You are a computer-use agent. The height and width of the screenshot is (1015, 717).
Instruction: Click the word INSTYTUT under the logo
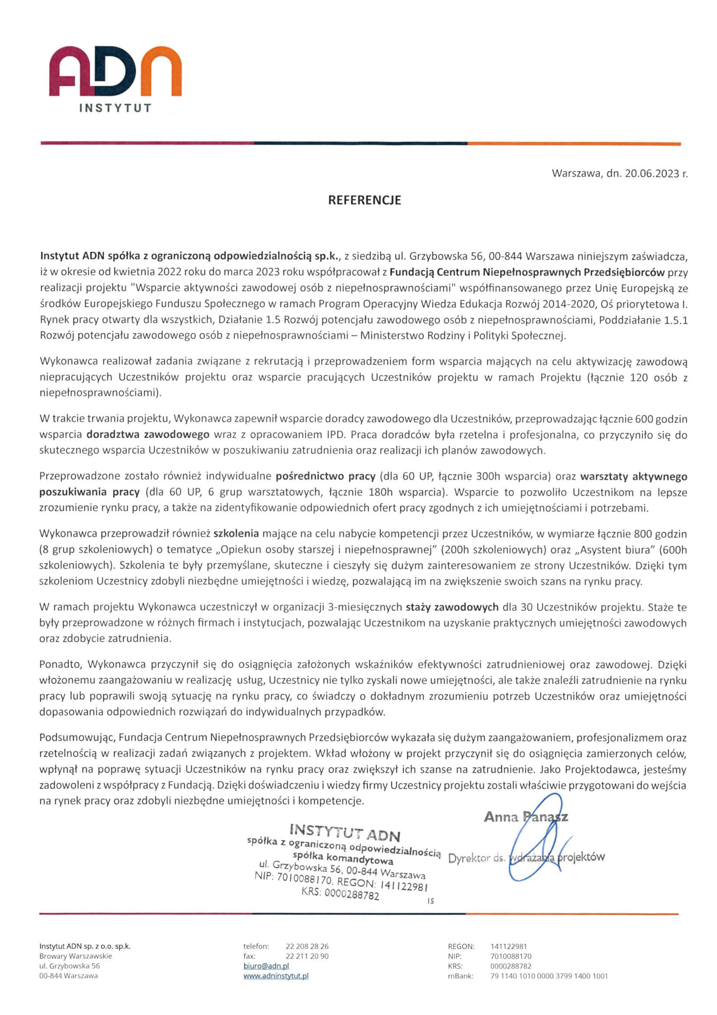(x=115, y=108)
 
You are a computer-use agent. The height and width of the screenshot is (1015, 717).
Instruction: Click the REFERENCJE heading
(x=364, y=200)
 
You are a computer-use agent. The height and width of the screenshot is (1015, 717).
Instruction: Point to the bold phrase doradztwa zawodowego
(x=148, y=434)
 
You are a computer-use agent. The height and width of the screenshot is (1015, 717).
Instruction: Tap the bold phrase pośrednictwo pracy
(x=326, y=476)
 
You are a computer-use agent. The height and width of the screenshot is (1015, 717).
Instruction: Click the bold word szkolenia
(x=236, y=534)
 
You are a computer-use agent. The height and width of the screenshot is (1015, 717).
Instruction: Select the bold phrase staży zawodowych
(x=452, y=607)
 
